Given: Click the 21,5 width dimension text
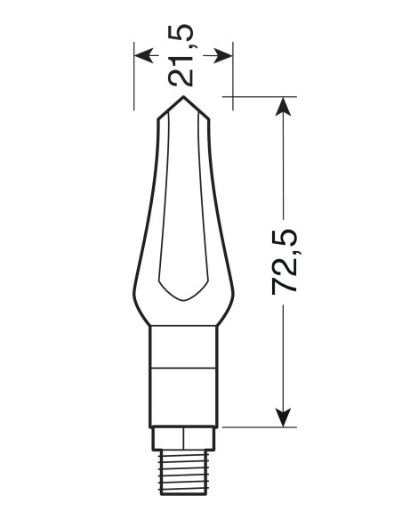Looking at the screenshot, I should click(183, 53).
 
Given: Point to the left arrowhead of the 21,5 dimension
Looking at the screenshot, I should click(141, 53).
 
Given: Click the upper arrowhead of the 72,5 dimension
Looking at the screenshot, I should click(284, 106).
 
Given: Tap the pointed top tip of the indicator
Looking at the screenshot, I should click(183, 96).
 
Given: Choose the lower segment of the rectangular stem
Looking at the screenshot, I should click(183, 395).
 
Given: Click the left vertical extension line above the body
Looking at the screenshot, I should click(134, 76).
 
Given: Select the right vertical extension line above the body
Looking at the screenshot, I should click(233, 76).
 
